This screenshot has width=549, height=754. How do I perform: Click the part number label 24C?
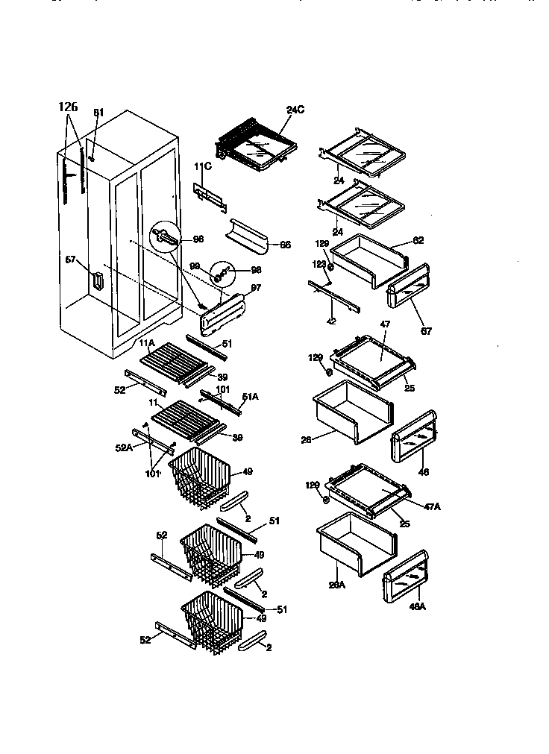click(295, 110)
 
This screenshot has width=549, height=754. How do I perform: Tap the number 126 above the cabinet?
click(68, 107)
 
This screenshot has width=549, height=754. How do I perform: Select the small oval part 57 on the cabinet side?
click(96, 281)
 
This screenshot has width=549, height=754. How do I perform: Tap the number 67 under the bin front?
click(426, 330)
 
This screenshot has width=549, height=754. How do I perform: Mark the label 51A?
click(251, 396)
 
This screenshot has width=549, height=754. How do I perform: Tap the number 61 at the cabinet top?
click(99, 113)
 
